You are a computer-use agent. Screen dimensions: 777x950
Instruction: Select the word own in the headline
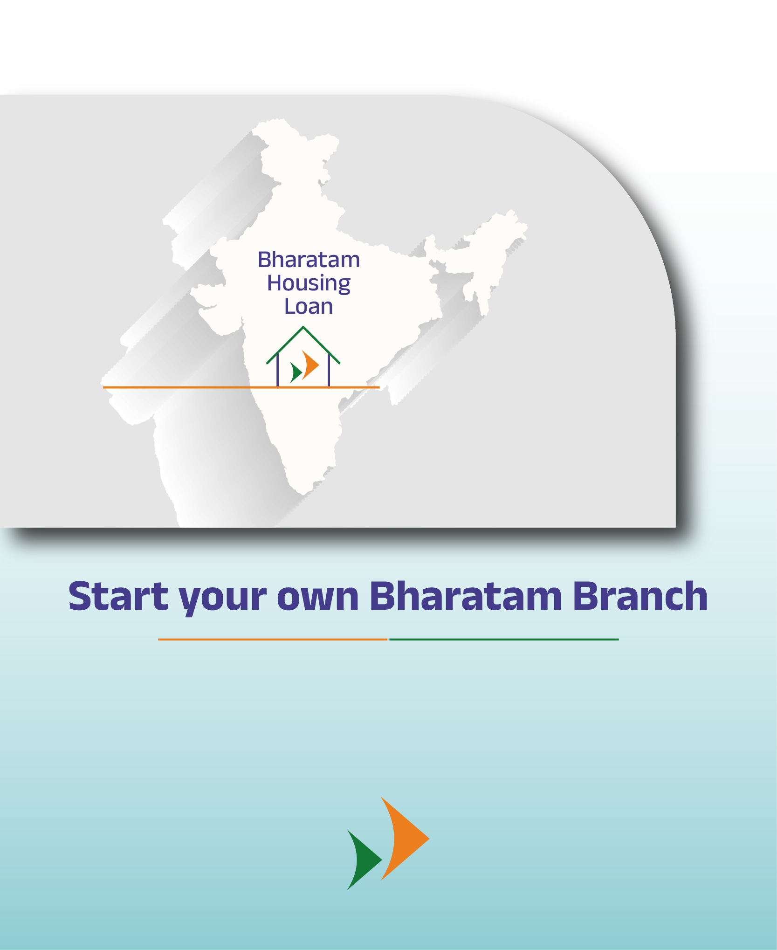318,599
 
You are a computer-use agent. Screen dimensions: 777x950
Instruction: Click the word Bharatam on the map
309,260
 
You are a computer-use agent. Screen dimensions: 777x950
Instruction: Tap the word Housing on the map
309,284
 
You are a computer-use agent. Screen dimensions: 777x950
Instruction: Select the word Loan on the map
309,306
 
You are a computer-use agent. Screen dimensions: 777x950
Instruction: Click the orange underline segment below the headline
273,639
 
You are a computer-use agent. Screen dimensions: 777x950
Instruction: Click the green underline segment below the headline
504,639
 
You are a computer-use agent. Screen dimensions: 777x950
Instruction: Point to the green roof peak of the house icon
303,328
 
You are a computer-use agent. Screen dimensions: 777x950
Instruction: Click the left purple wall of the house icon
278,370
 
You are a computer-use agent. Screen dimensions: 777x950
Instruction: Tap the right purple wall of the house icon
329,370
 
